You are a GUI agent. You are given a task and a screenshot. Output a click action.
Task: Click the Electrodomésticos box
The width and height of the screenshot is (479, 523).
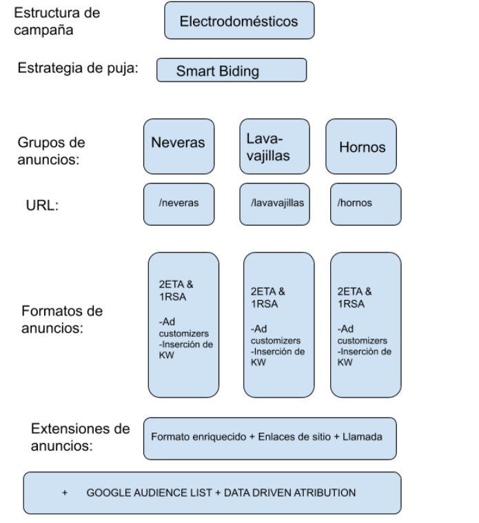click(x=238, y=21)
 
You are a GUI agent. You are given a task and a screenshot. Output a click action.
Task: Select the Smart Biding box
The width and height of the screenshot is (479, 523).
click(x=231, y=70)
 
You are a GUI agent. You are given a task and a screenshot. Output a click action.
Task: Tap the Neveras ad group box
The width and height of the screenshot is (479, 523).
click(x=179, y=146)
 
